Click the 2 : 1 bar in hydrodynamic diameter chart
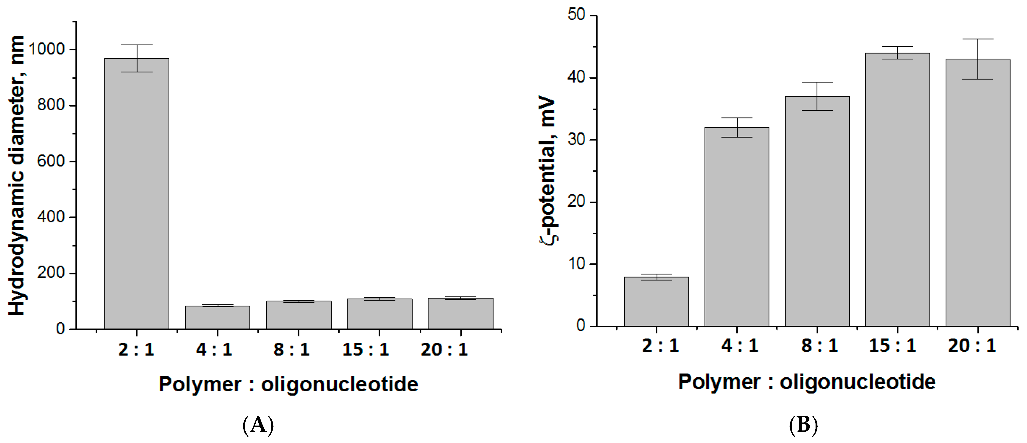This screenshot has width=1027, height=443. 137,194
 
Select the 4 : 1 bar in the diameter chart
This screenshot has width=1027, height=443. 218,318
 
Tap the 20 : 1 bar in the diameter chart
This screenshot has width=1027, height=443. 460,314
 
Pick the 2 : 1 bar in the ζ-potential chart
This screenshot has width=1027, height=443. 656,302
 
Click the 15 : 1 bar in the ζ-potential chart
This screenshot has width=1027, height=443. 897,190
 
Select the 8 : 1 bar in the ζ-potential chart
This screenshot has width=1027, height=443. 817,211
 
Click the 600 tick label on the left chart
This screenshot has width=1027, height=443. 51,161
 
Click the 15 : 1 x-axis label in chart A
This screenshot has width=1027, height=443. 365,350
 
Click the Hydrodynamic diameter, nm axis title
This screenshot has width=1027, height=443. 17,176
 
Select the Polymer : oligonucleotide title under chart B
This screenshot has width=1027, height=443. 807,382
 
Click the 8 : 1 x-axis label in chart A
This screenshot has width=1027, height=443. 292,350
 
